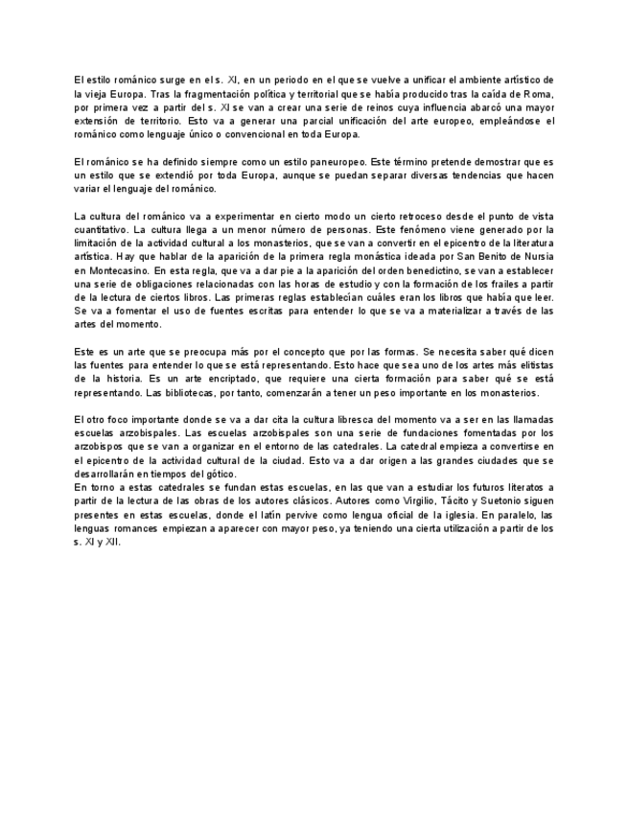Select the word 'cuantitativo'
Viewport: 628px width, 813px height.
[99, 230]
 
